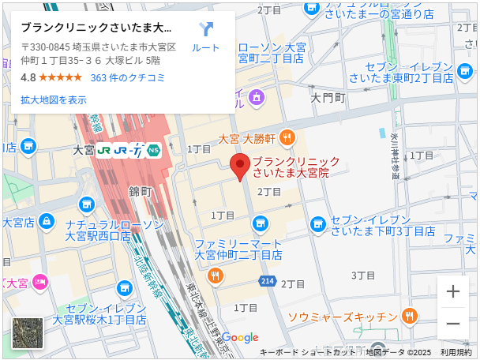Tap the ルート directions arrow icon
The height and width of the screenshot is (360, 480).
point(206,30)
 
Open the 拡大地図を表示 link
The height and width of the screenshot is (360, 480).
point(54,100)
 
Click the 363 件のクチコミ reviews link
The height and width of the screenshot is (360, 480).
point(128,77)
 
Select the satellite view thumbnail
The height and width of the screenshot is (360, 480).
point(28,333)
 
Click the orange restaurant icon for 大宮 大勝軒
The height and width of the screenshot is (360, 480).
point(287,137)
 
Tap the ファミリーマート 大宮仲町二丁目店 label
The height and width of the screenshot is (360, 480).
point(238,249)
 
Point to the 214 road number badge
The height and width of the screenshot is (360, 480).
point(268,281)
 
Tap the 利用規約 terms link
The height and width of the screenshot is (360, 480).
point(456,352)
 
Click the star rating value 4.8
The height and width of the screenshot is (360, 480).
point(28,77)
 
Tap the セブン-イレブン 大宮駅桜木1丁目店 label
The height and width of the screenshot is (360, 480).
point(99,314)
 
